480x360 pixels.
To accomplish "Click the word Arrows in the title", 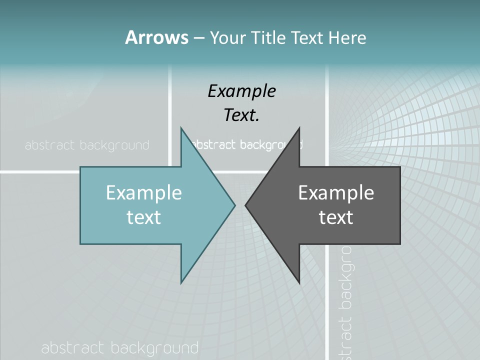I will (x=156, y=37).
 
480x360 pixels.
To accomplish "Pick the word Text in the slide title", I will (x=307, y=38).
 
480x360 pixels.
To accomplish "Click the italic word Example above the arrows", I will (x=241, y=91).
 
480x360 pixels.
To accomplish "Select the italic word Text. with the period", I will (x=241, y=115).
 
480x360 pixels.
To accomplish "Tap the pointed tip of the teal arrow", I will (x=234, y=204).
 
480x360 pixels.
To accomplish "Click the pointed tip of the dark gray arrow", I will (x=245, y=204).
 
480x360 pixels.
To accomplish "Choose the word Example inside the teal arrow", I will (x=143, y=192).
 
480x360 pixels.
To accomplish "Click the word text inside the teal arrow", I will (x=143, y=217).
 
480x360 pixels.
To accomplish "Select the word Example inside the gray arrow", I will (x=336, y=192).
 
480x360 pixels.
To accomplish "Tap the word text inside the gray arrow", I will (x=336, y=217).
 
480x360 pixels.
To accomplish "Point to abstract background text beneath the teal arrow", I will (x=119, y=348).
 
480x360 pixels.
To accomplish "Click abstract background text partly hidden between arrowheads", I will (x=245, y=145).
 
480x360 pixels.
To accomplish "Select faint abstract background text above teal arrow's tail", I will (x=87, y=145).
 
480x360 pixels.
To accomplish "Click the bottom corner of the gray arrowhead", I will (x=299, y=282).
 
